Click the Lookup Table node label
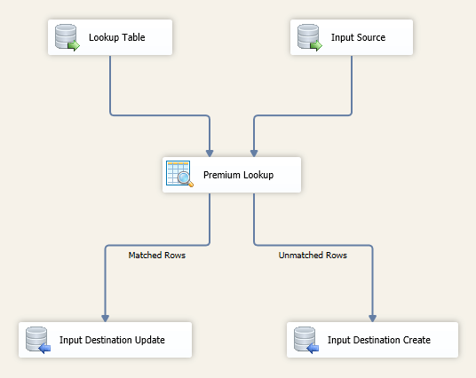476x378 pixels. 117,37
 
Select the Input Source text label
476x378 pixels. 358,37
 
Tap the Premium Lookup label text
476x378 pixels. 238,175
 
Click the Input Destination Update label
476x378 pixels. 112,340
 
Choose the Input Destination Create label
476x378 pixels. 379,340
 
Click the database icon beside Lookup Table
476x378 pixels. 67,37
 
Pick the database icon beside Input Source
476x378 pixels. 310,37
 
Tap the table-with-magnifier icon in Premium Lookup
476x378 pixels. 179,174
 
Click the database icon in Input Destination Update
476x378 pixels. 38,340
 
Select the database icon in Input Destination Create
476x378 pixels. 306,340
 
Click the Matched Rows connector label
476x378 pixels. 156,256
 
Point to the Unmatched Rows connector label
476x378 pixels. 313,256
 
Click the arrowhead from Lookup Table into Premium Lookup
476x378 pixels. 210,154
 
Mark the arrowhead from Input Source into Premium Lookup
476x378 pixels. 254,154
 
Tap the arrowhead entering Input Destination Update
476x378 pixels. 105,319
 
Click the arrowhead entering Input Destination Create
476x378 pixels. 372,319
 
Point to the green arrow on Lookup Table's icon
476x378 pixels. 74,46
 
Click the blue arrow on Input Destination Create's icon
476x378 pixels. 313,348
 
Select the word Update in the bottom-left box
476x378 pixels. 150,340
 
